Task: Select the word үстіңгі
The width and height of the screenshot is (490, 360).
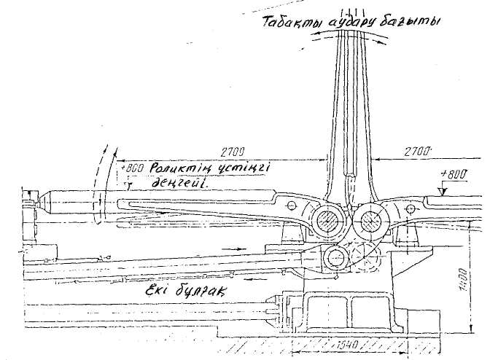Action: click(243, 168)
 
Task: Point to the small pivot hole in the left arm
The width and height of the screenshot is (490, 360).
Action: click(290, 206)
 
